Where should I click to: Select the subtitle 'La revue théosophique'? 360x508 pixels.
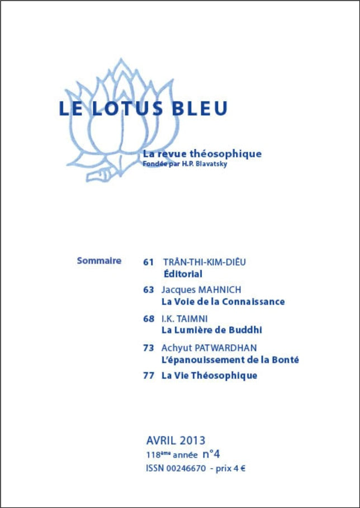[202, 153]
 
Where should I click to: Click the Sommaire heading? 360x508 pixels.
[99, 260]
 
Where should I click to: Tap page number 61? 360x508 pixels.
[148, 261]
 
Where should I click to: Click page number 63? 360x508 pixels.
[148, 289]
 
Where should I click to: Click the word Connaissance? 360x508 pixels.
[254, 302]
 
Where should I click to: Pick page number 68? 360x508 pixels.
[148, 318]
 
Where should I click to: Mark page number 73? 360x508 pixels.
[148, 347]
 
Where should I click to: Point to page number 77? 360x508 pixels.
[148, 375]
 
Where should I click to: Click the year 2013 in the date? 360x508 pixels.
[192, 440]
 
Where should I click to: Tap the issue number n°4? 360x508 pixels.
[215, 454]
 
